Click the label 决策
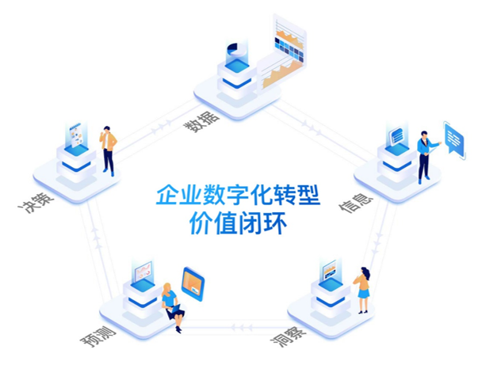36,202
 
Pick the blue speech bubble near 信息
454,140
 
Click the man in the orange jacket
109,150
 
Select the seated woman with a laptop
171,304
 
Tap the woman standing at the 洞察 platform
362,290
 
